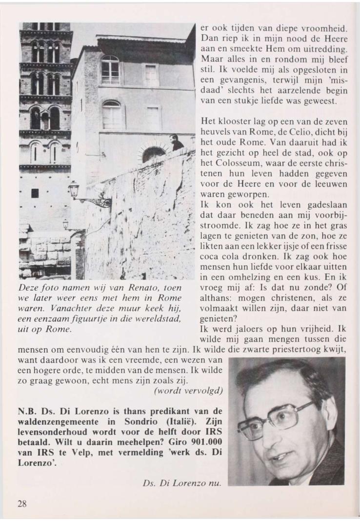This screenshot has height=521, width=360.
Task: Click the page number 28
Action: click(22, 504)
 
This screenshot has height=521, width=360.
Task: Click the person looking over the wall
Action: click(176, 142)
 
